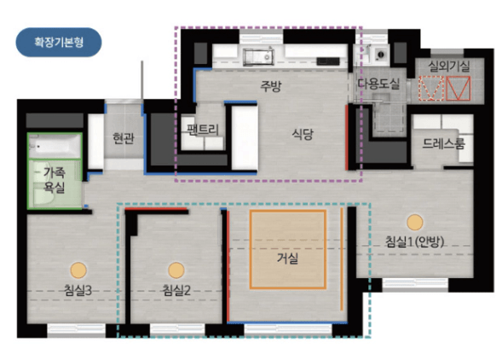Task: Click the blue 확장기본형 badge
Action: [59, 43]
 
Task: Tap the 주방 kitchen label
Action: [271, 86]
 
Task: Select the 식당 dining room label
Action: [303, 134]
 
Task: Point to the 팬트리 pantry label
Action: [203, 130]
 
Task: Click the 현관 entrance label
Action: [124, 138]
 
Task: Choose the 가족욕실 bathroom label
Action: [55, 180]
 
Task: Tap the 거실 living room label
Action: [287, 258]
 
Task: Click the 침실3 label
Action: [78, 290]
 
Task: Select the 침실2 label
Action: [176, 290]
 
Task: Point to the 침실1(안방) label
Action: [414, 241]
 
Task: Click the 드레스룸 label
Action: [443, 144]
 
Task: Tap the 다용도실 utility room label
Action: [378, 84]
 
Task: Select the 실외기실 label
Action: [449, 67]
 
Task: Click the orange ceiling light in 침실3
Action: [78, 270]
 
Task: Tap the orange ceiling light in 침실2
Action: [176, 270]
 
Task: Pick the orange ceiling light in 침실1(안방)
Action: [415, 222]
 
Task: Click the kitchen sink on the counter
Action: [258, 56]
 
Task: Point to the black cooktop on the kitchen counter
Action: [328, 61]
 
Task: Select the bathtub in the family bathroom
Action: [55, 146]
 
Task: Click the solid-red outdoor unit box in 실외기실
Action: [459, 88]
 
